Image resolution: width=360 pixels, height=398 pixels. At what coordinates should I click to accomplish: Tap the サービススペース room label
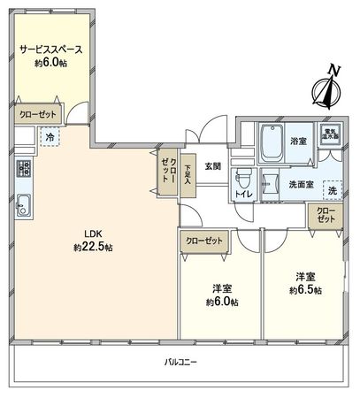[x=51, y=50]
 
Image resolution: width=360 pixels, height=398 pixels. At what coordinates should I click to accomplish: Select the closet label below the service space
[x=36, y=115]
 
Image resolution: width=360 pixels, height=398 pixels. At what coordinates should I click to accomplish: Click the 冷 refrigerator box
[x=50, y=138]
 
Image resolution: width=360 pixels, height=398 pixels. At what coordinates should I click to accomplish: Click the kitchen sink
[x=23, y=209]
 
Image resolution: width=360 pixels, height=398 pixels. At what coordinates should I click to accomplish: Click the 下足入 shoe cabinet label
[x=187, y=169]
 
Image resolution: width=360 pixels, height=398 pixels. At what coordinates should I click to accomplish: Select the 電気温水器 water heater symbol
[x=335, y=134]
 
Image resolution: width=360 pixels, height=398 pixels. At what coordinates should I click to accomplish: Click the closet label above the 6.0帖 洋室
[x=204, y=241]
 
